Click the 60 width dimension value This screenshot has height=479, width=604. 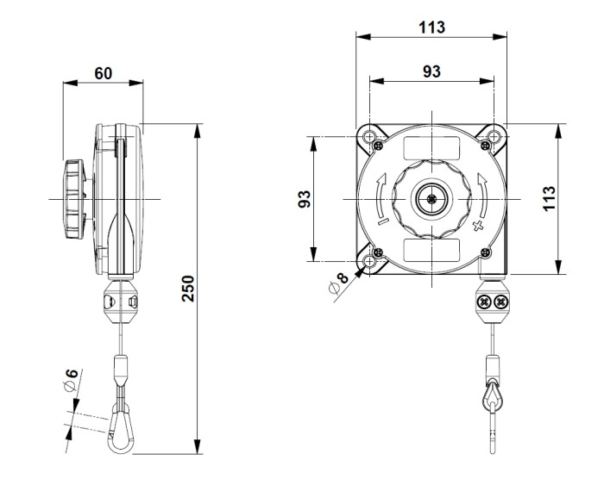point(103,72)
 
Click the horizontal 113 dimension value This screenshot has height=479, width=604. point(431,27)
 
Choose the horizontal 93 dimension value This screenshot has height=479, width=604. point(431,71)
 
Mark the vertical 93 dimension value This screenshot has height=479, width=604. point(304,200)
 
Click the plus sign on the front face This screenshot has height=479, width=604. point(477,226)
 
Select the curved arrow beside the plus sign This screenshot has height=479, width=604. point(483,193)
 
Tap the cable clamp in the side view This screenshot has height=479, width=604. point(118,301)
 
